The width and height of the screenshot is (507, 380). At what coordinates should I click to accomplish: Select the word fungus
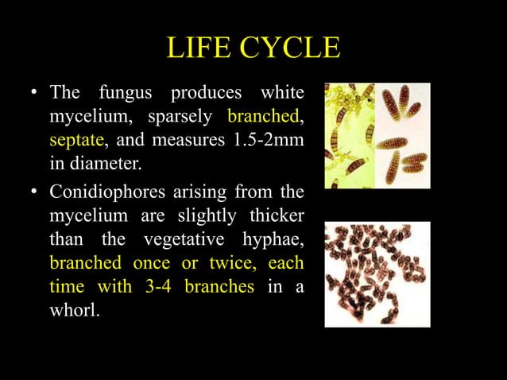130,92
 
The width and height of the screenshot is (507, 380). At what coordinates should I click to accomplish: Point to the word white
283,92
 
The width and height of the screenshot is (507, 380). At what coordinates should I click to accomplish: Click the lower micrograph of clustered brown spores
377,274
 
